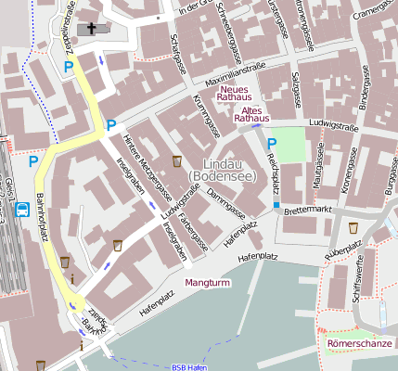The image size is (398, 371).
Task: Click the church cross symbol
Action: point(91,29)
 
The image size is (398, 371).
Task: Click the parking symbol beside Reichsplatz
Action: point(272,144)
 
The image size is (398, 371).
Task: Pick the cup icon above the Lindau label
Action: point(177,162)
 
